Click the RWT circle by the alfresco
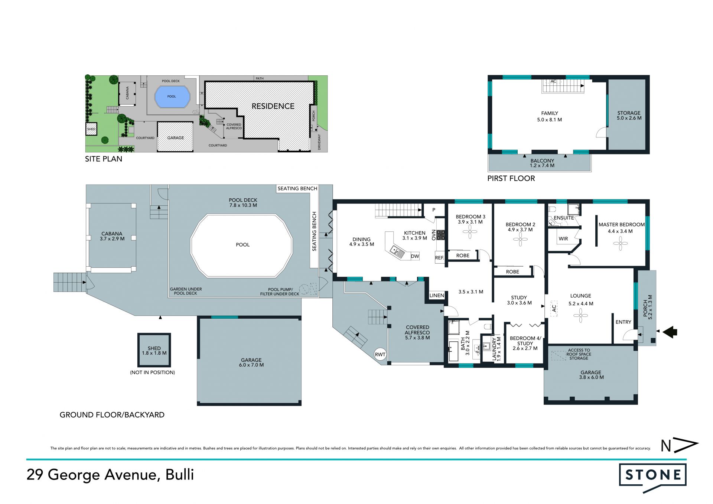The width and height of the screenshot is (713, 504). coord(380,354)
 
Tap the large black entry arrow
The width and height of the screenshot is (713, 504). coord(670,332)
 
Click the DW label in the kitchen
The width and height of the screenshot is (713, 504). coord(415,256)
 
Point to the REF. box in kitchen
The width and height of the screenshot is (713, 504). coord(440,257)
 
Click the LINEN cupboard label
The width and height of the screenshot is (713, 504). coord(437,296)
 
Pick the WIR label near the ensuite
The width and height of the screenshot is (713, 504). coord(563,239)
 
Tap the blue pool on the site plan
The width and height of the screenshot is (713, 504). coord(172,97)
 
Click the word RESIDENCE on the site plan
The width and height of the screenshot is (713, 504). coord(273,106)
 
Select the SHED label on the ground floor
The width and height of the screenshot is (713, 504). coord(154,348)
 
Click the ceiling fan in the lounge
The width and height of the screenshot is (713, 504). coord(580,316)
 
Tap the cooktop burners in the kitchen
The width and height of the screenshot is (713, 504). coord(441,235)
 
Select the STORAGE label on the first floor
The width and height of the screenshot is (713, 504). coord(629,113)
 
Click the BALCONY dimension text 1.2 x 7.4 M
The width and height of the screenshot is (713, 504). coord(542,166)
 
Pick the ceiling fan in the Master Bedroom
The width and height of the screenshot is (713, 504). coord(620,244)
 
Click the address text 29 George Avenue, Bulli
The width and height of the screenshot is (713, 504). coord(110,475)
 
